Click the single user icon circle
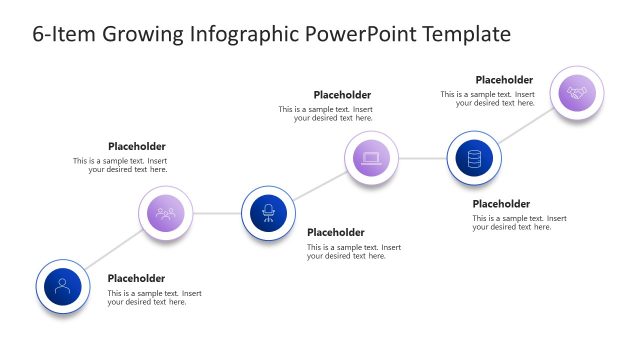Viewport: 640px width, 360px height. (63, 286)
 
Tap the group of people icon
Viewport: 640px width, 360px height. (166, 213)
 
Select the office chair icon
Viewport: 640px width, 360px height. (268, 213)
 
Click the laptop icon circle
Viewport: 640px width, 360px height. (371, 158)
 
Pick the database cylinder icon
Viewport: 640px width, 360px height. (474, 158)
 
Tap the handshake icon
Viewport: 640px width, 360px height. (577, 93)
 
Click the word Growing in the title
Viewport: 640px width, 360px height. (140, 35)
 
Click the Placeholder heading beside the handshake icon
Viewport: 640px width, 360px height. (504, 80)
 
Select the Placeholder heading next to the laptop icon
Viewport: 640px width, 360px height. (342, 95)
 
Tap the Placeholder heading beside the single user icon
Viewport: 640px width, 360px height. (136, 278)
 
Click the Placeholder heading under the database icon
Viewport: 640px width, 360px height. (501, 203)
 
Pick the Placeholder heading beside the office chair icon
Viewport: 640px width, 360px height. (336, 232)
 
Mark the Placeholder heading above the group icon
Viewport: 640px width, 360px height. (137, 145)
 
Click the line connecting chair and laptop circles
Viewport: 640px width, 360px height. (319, 186)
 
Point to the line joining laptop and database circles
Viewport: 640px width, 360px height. (422, 158)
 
